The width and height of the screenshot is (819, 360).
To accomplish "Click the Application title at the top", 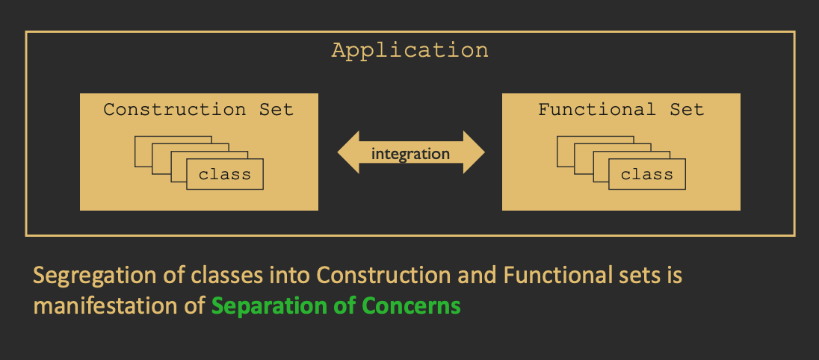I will (x=409, y=51).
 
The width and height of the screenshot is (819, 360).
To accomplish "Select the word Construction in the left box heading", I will (x=174, y=110).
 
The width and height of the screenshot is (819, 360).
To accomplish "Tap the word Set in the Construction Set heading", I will (x=276, y=110).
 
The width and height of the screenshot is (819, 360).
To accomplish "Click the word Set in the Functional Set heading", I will (x=687, y=110).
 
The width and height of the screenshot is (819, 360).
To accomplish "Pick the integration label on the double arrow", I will (x=410, y=154).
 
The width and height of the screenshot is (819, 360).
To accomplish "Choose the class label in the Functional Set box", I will (x=646, y=175).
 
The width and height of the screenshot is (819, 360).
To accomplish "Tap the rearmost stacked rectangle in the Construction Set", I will (x=143, y=150).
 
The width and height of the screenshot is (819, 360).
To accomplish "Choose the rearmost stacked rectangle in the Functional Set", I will (x=565, y=150).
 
